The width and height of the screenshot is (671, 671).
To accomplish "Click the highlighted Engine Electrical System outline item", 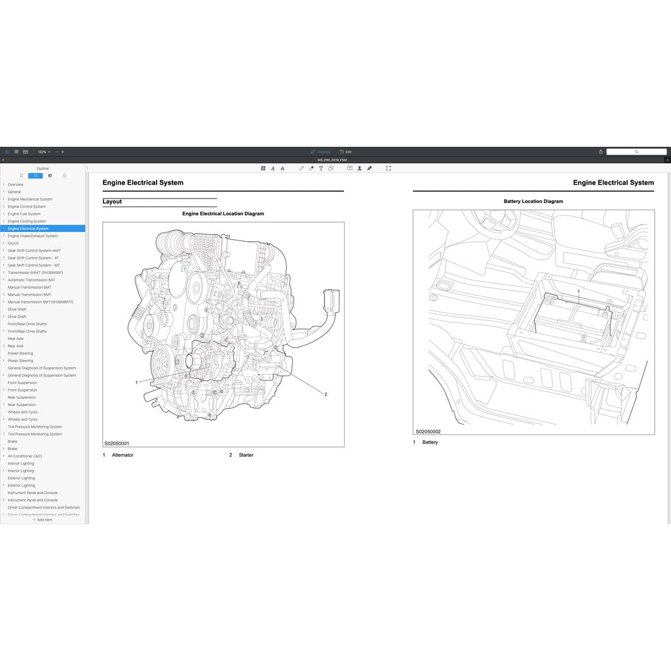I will pos(28,229).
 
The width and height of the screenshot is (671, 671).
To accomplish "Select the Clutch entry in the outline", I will pos(13,243).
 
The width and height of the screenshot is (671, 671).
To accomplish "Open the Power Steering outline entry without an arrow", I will pos(20,353).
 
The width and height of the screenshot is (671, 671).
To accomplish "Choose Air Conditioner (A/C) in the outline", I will pos(25,456).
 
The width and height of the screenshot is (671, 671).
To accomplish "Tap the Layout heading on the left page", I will pos(112,202).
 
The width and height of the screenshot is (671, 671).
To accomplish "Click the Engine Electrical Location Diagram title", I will pos(223,214).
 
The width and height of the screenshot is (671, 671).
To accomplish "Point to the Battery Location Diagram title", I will pos(533,201).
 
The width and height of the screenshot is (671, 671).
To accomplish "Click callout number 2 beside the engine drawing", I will pos(326,394).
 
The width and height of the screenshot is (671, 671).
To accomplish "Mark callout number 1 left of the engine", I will pos(136,382).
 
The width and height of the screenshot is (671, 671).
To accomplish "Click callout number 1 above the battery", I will pos(578,291).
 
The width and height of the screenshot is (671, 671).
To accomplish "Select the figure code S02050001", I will pos(117,444).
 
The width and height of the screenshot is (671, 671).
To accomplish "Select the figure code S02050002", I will pos(428,431).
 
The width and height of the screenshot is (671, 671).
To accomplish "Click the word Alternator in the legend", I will pos(123,455).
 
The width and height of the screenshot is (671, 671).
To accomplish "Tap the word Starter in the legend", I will pos(246,455).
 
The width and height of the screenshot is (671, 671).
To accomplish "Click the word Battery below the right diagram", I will pos(430,442).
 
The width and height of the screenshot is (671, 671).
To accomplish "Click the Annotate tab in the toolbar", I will pos(320,151).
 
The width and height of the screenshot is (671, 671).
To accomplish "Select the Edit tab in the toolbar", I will pos(345,151).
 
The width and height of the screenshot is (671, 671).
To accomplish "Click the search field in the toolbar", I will pos(635,151).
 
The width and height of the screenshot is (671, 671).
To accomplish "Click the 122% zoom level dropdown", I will pos(44,151).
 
